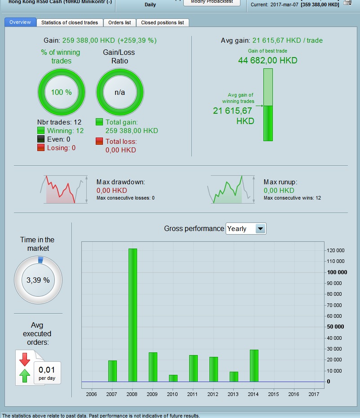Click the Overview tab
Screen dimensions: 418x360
coord(20,22)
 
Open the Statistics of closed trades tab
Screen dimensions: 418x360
coord(69,22)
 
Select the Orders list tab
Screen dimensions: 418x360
coord(120,22)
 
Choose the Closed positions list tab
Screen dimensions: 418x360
coord(162,22)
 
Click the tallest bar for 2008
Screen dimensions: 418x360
coord(133,315)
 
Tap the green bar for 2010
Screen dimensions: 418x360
coord(173,378)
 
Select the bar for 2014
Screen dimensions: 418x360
coord(254,365)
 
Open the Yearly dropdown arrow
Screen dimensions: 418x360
coord(260,229)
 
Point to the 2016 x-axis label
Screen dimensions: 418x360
coord(294,394)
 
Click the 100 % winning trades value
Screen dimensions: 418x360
coord(61,92)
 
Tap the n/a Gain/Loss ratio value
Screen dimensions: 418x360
coord(120,92)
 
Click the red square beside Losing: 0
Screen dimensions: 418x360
coord(41,148)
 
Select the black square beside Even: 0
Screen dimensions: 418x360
coord(41,139)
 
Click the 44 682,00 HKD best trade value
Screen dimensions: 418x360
coord(267,61)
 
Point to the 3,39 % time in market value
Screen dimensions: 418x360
coord(38,280)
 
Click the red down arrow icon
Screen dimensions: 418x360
coord(24,359)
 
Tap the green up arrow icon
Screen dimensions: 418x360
coord(24,375)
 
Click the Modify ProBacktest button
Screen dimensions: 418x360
coord(212,2)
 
